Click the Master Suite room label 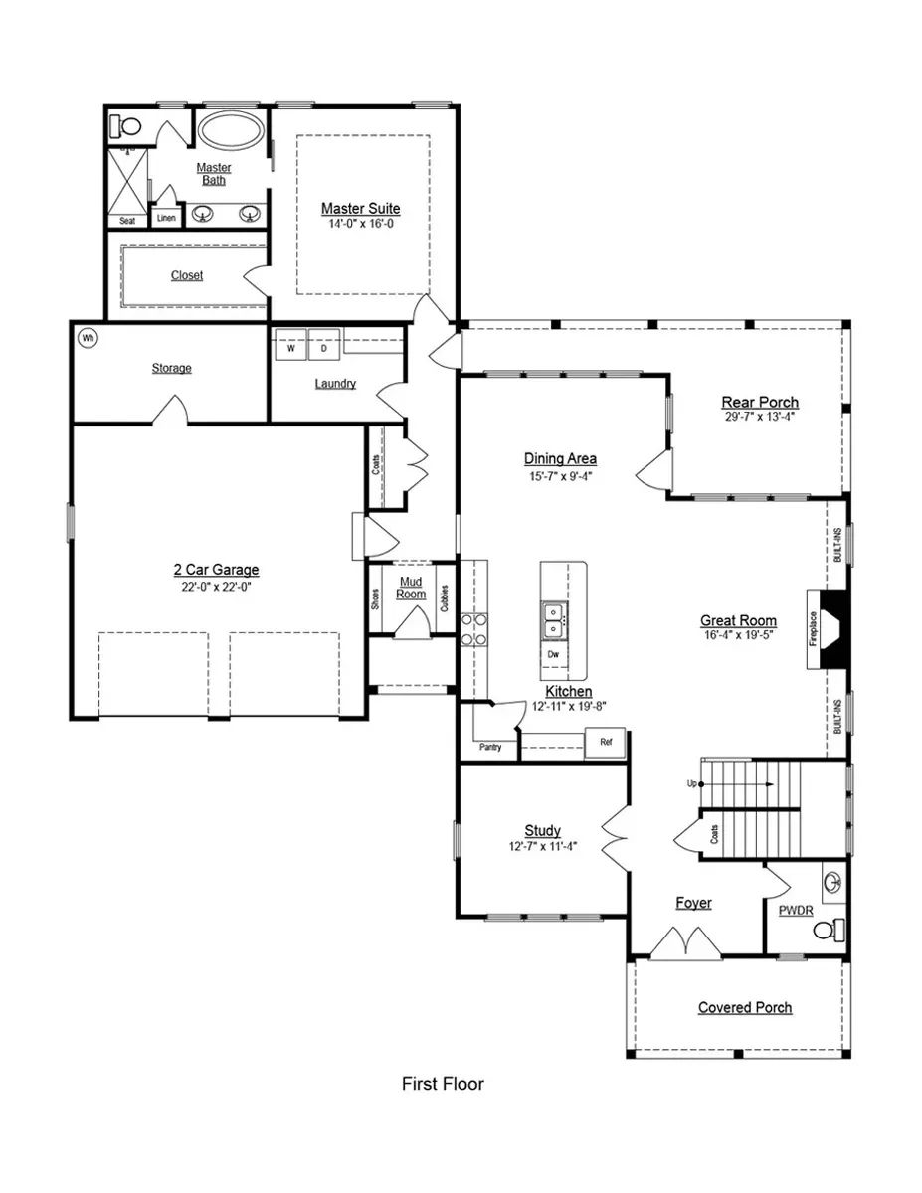(360, 209)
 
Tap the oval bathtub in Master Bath (231, 131)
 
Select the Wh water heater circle (88, 338)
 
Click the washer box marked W (291, 349)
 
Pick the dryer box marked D (323, 349)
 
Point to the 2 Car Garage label (216, 570)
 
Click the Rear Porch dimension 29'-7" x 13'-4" (760, 418)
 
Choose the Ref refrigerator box (605, 743)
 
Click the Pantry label (490, 747)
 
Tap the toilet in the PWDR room (828, 929)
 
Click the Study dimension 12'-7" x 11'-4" (542, 847)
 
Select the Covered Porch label (745, 1007)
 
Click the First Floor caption (443, 1084)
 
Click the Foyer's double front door (686, 944)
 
